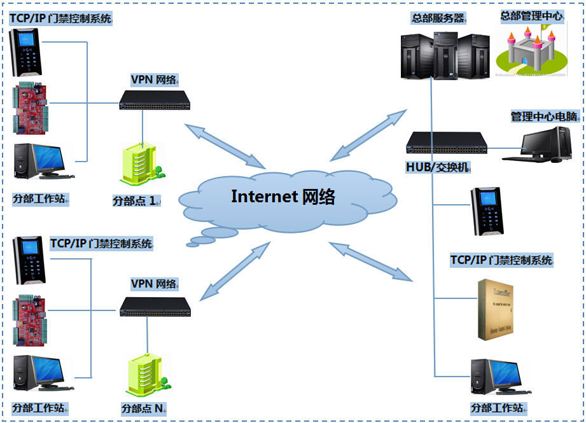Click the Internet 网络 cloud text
(283, 197)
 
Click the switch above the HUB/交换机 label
(447, 142)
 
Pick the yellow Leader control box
(498, 309)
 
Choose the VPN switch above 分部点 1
(154, 99)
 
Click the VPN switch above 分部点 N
(155, 307)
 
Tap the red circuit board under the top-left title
(33, 106)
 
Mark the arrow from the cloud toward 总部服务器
(368, 135)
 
